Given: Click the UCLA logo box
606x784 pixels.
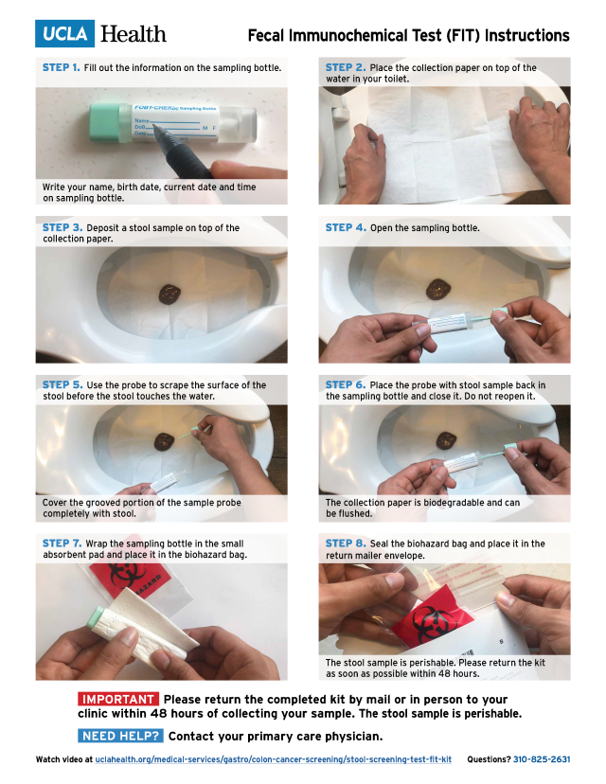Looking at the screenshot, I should pos(65,34).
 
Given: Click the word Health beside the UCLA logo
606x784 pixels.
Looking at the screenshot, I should pos(133,34).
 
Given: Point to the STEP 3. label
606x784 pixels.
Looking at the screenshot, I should pos(61,227).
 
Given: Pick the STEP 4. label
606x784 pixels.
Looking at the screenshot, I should pos(346,227).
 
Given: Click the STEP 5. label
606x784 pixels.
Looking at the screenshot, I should pos(61,385).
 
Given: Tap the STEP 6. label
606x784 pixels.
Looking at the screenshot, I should pos(346,385).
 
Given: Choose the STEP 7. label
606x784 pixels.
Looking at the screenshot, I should pos(61,543).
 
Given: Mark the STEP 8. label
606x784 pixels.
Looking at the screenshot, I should pos(346,543).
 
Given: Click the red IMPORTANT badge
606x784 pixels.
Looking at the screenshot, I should pos(117,700).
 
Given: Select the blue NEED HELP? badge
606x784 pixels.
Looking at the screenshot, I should pos(120,736).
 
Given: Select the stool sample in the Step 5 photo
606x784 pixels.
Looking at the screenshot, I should pos(165,440).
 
